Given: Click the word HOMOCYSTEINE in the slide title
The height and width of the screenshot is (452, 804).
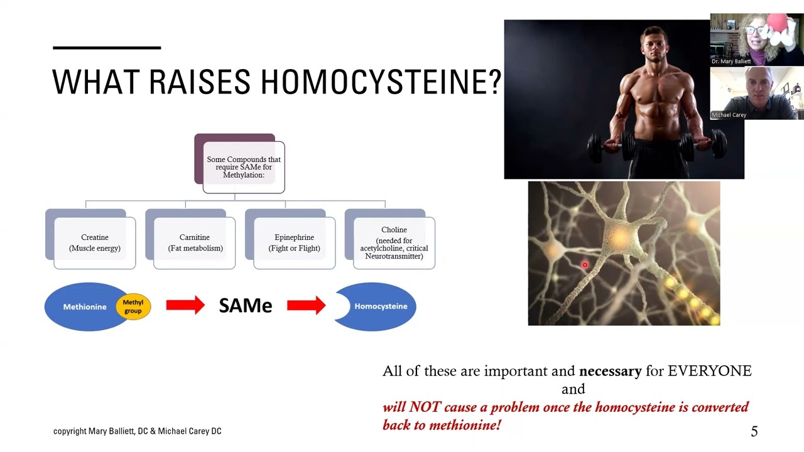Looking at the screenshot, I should pyautogui.click(x=381, y=82).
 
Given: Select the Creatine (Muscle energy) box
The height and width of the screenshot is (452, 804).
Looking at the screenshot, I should pyautogui.click(x=94, y=243).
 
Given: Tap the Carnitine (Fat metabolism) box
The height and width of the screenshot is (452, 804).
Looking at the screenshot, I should pyautogui.click(x=195, y=243).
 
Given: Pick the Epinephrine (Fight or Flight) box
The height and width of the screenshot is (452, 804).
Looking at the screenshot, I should pyautogui.click(x=294, y=243).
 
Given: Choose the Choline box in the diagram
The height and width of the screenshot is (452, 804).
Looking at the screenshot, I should pyautogui.click(x=394, y=243).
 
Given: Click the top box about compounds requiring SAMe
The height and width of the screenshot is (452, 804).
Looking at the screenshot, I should pyautogui.click(x=243, y=167).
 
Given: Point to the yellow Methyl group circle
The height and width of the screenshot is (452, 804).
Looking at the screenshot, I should pyautogui.click(x=133, y=306).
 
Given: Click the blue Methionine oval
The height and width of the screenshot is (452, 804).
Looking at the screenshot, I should pyautogui.click(x=84, y=307).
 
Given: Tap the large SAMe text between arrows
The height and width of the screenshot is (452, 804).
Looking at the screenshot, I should pyautogui.click(x=245, y=306).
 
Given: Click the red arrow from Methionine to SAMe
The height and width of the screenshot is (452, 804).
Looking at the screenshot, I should pyautogui.click(x=185, y=306).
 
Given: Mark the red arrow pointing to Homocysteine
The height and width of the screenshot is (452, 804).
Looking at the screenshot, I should pyautogui.click(x=306, y=306).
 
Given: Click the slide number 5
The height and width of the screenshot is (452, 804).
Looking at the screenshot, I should pyautogui.click(x=754, y=431).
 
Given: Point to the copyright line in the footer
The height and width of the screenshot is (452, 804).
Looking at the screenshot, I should pyautogui.click(x=137, y=431).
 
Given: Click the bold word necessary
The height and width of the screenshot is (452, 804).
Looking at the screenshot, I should pyautogui.click(x=610, y=371).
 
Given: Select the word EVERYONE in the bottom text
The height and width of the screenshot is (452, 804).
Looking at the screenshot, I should pyautogui.click(x=709, y=371).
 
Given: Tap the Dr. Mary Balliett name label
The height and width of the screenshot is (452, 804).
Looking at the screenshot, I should pyautogui.click(x=731, y=62).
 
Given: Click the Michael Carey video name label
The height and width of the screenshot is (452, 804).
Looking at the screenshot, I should pyautogui.click(x=729, y=115).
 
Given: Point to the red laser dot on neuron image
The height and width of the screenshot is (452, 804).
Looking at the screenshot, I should pyautogui.click(x=585, y=266).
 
